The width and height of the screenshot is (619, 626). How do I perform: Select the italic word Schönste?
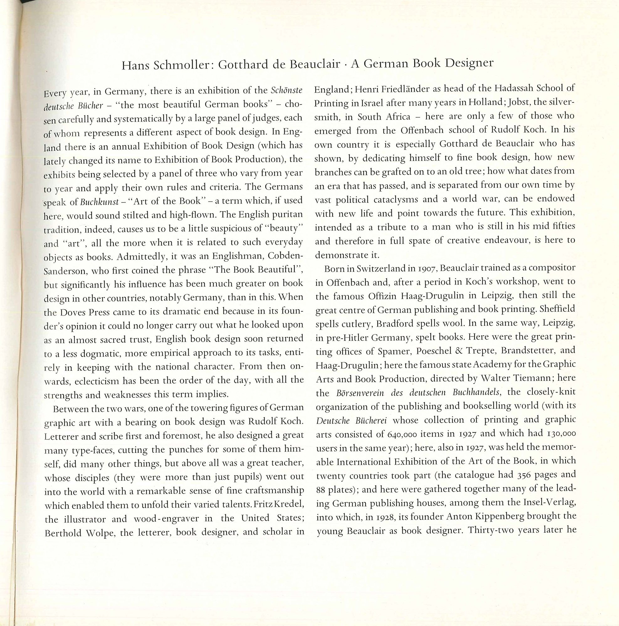point(286,90)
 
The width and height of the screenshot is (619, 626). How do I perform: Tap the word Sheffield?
point(557,309)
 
